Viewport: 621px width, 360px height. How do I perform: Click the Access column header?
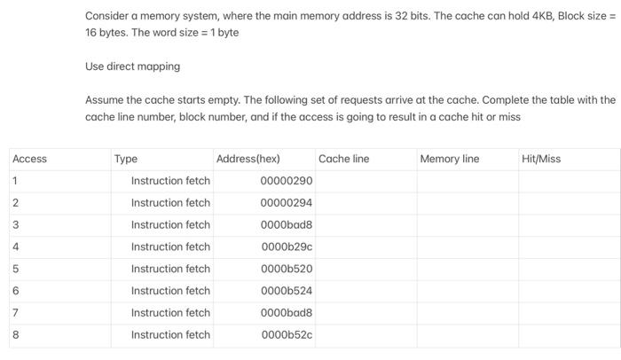tap(30, 159)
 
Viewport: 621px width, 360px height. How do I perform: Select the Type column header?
tap(126, 159)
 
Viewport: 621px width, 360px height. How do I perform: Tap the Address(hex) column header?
tap(248, 159)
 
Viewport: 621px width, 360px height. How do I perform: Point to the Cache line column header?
tap(343, 159)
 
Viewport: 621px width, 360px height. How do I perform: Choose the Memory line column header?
tap(449, 159)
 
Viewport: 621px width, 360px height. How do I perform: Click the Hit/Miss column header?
tap(541, 159)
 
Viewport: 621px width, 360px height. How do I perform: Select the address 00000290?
tap(286, 181)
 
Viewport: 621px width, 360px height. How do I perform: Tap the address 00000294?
tap(286, 203)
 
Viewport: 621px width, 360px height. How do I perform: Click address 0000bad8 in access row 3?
tap(287, 225)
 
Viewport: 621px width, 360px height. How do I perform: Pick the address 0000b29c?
tap(287, 247)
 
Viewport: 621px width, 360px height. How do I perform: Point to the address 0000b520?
tap(287, 269)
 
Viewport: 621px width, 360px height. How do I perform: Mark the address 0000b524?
tap(287, 291)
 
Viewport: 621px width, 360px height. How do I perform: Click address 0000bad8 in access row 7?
tap(287, 313)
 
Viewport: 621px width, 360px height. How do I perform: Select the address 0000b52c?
tap(287, 335)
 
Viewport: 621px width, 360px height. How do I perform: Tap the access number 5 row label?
tap(15, 269)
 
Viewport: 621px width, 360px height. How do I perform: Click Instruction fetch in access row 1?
tap(170, 181)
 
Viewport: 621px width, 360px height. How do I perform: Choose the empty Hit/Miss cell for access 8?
tap(568, 335)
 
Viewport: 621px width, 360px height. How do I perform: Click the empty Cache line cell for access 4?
tap(365, 247)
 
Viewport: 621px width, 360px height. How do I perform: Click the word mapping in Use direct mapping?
tap(159, 67)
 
